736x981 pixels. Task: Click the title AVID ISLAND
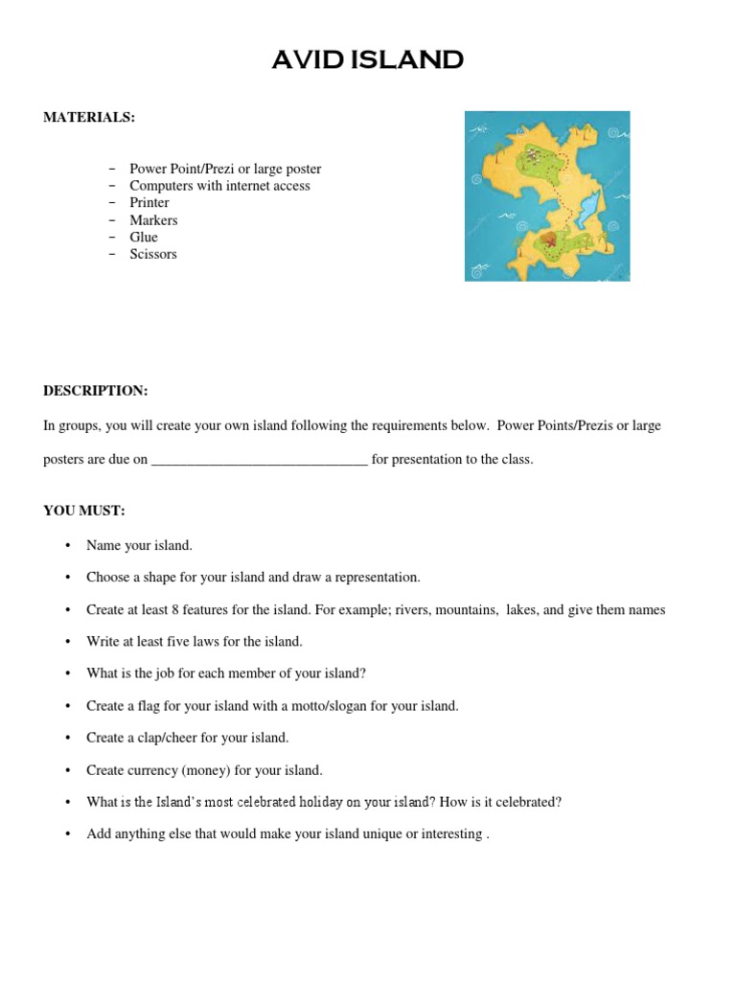[x=367, y=60]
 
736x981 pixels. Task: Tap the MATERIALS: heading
[x=89, y=117]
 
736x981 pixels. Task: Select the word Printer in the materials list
[x=149, y=203]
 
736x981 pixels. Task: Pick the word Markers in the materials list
[x=153, y=220]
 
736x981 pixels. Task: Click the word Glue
[x=144, y=238]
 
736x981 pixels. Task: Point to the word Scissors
[x=153, y=255]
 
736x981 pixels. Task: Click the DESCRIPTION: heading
[x=95, y=391]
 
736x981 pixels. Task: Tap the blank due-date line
[x=260, y=460]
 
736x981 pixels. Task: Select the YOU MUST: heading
[x=84, y=511]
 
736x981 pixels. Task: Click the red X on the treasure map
[x=551, y=242]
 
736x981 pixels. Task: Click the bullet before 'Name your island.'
[x=68, y=546]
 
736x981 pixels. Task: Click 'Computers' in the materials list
[x=161, y=186]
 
